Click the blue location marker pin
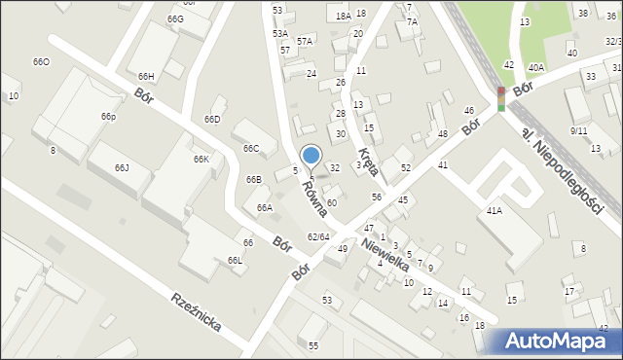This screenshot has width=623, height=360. click(311, 157)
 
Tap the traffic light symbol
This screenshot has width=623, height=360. click(501, 99)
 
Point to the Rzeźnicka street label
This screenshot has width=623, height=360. click(196, 311)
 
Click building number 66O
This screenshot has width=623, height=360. click(41, 62)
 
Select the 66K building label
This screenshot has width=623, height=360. click(201, 159)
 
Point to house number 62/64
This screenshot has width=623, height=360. click(318, 236)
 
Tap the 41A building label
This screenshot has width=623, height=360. click(494, 210)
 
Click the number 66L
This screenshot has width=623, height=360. click(235, 261)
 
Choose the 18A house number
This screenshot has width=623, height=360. click(343, 17)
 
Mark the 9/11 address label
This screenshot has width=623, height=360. click(579, 130)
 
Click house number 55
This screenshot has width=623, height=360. click(312, 346)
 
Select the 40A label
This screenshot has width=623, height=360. click(535, 67)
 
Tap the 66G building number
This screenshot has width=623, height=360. click(175, 19)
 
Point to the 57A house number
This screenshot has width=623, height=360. click(305, 42)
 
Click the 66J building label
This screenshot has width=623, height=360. click(122, 168)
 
